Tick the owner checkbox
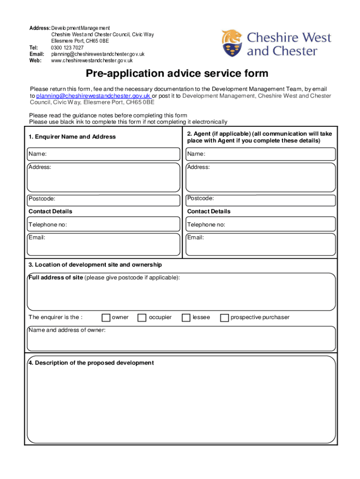click(x=106, y=318)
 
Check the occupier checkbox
click(x=142, y=318)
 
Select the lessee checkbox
click(x=186, y=318)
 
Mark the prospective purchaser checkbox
click(x=224, y=318)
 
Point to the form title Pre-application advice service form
click(x=177, y=73)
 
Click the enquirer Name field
click(x=103, y=154)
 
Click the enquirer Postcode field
click(x=103, y=200)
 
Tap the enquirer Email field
click(x=103, y=244)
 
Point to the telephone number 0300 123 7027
click(x=67, y=48)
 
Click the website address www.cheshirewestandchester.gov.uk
click(x=92, y=60)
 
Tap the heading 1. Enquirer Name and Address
click(x=72, y=137)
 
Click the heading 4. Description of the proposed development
click(x=91, y=363)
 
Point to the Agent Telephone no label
click(x=206, y=225)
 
